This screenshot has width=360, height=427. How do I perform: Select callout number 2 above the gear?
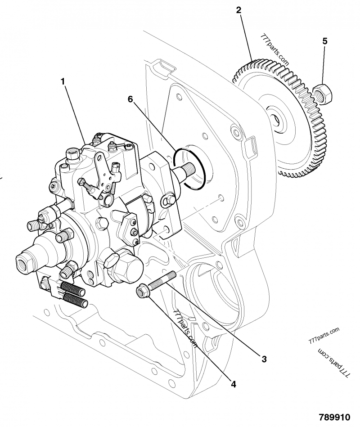coord(239,9)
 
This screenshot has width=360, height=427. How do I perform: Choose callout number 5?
coord(325,41)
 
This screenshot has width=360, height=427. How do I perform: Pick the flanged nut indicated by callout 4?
coord(143,293)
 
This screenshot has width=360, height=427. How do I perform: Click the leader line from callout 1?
coord(75,110)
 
